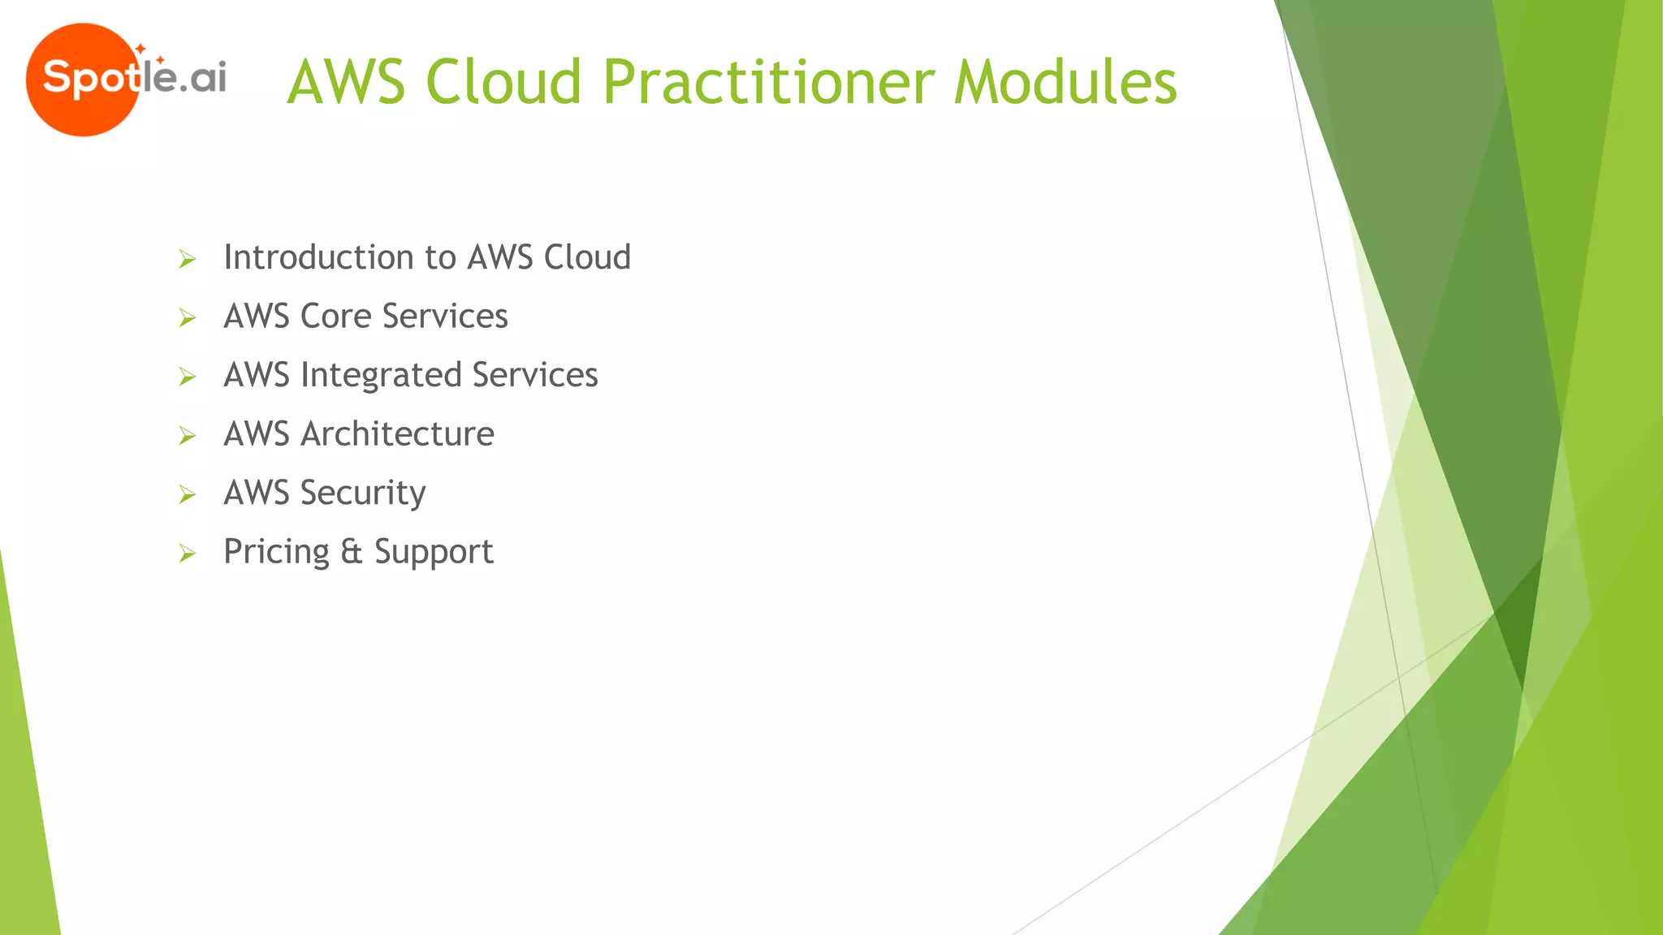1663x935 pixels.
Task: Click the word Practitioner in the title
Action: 768,83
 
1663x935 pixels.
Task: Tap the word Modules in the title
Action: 1065,83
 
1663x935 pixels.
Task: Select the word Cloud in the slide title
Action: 503,83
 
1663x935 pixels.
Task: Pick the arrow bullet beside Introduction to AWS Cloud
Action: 188,260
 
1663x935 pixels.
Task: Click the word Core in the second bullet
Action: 335,317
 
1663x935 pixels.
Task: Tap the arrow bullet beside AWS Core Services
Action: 188,318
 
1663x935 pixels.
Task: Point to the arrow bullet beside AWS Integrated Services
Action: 188,377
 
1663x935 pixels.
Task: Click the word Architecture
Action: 397,434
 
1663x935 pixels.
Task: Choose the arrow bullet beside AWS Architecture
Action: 188,437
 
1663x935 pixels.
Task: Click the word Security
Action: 363,493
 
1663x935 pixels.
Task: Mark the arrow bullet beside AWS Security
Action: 188,495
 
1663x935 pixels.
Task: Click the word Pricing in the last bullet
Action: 276,553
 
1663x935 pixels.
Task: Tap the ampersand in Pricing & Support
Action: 352,552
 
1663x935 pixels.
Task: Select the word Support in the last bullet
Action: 433,553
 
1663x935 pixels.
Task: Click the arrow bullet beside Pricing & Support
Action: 188,554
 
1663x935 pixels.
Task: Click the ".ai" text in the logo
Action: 203,79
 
